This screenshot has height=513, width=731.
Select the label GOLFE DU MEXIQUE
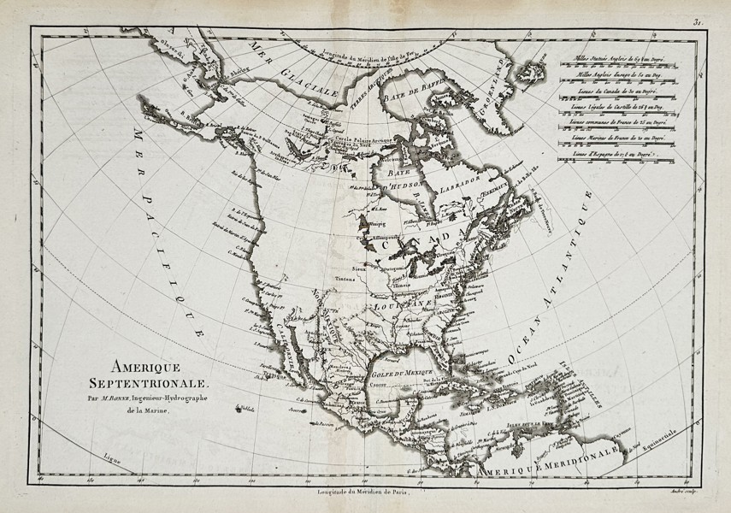coord(402,374)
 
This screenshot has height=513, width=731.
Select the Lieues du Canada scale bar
coord(621,94)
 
